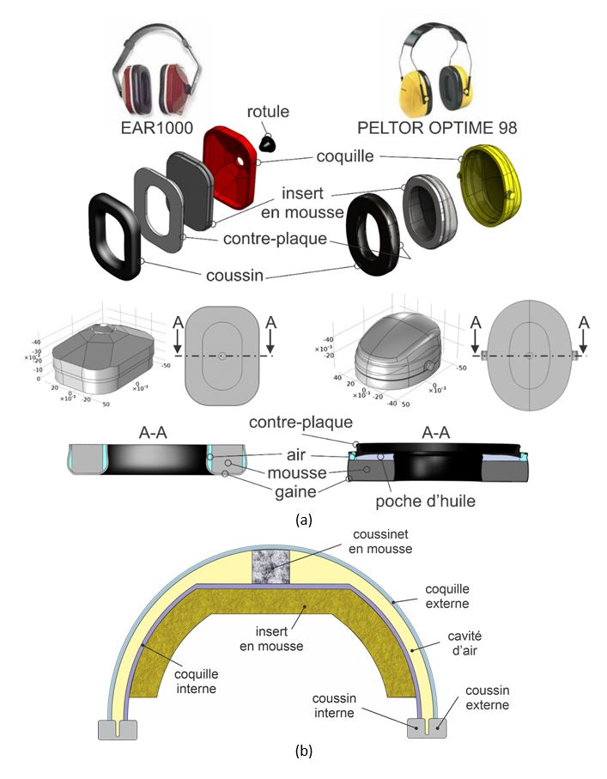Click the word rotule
[x=268, y=111]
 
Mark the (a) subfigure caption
[x=302, y=520]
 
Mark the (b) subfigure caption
[x=303, y=752]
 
